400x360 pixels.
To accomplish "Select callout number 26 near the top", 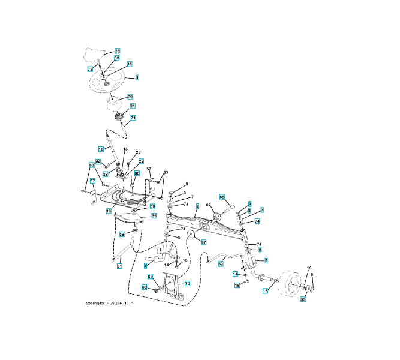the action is (x=118, y=51).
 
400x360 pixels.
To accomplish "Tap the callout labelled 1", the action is (x=137, y=77).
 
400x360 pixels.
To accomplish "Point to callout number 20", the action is (x=130, y=97).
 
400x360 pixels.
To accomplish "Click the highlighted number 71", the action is (x=133, y=118).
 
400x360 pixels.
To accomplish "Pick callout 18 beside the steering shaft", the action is (x=101, y=148).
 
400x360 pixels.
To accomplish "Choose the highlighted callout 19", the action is (x=109, y=211).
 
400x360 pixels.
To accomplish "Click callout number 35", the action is (x=154, y=215).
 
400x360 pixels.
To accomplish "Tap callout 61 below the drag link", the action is (x=119, y=266).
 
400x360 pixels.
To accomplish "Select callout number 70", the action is (x=187, y=283).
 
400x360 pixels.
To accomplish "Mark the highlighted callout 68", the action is (x=145, y=287).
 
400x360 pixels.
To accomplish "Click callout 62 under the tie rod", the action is (x=221, y=263).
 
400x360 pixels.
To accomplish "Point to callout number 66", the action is (x=222, y=197).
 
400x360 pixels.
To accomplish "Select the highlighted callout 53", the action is (x=303, y=298).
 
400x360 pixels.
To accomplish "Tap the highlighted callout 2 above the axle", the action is (x=197, y=206).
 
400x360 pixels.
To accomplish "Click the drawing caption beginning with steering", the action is (x=110, y=304).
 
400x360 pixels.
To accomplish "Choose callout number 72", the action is (x=90, y=69).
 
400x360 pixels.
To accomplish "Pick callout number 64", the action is (x=98, y=161).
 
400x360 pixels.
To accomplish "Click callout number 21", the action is (x=133, y=106).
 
